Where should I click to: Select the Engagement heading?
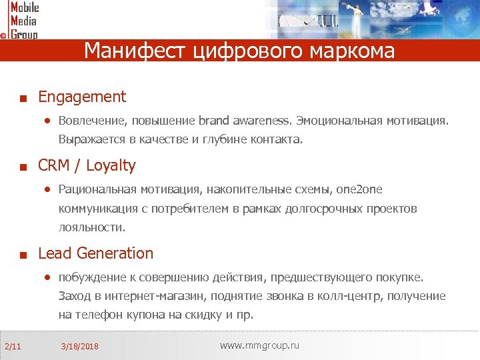click(x=82, y=97)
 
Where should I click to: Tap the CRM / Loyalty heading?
click(x=87, y=165)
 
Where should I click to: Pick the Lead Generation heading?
click(x=95, y=253)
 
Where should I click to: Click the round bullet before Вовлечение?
click(x=47, y=121)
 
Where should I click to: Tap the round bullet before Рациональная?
click(x=47, y=189)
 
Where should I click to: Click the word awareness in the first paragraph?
click(x=261, y=121)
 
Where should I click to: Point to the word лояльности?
click(x=91, y=227)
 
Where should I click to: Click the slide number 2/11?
click(x=13, y=346)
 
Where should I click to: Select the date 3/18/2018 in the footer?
click(x=79, y=347)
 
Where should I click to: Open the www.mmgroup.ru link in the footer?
click(x=259, y=345)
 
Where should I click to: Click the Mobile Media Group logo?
click(x=21, y=20)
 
